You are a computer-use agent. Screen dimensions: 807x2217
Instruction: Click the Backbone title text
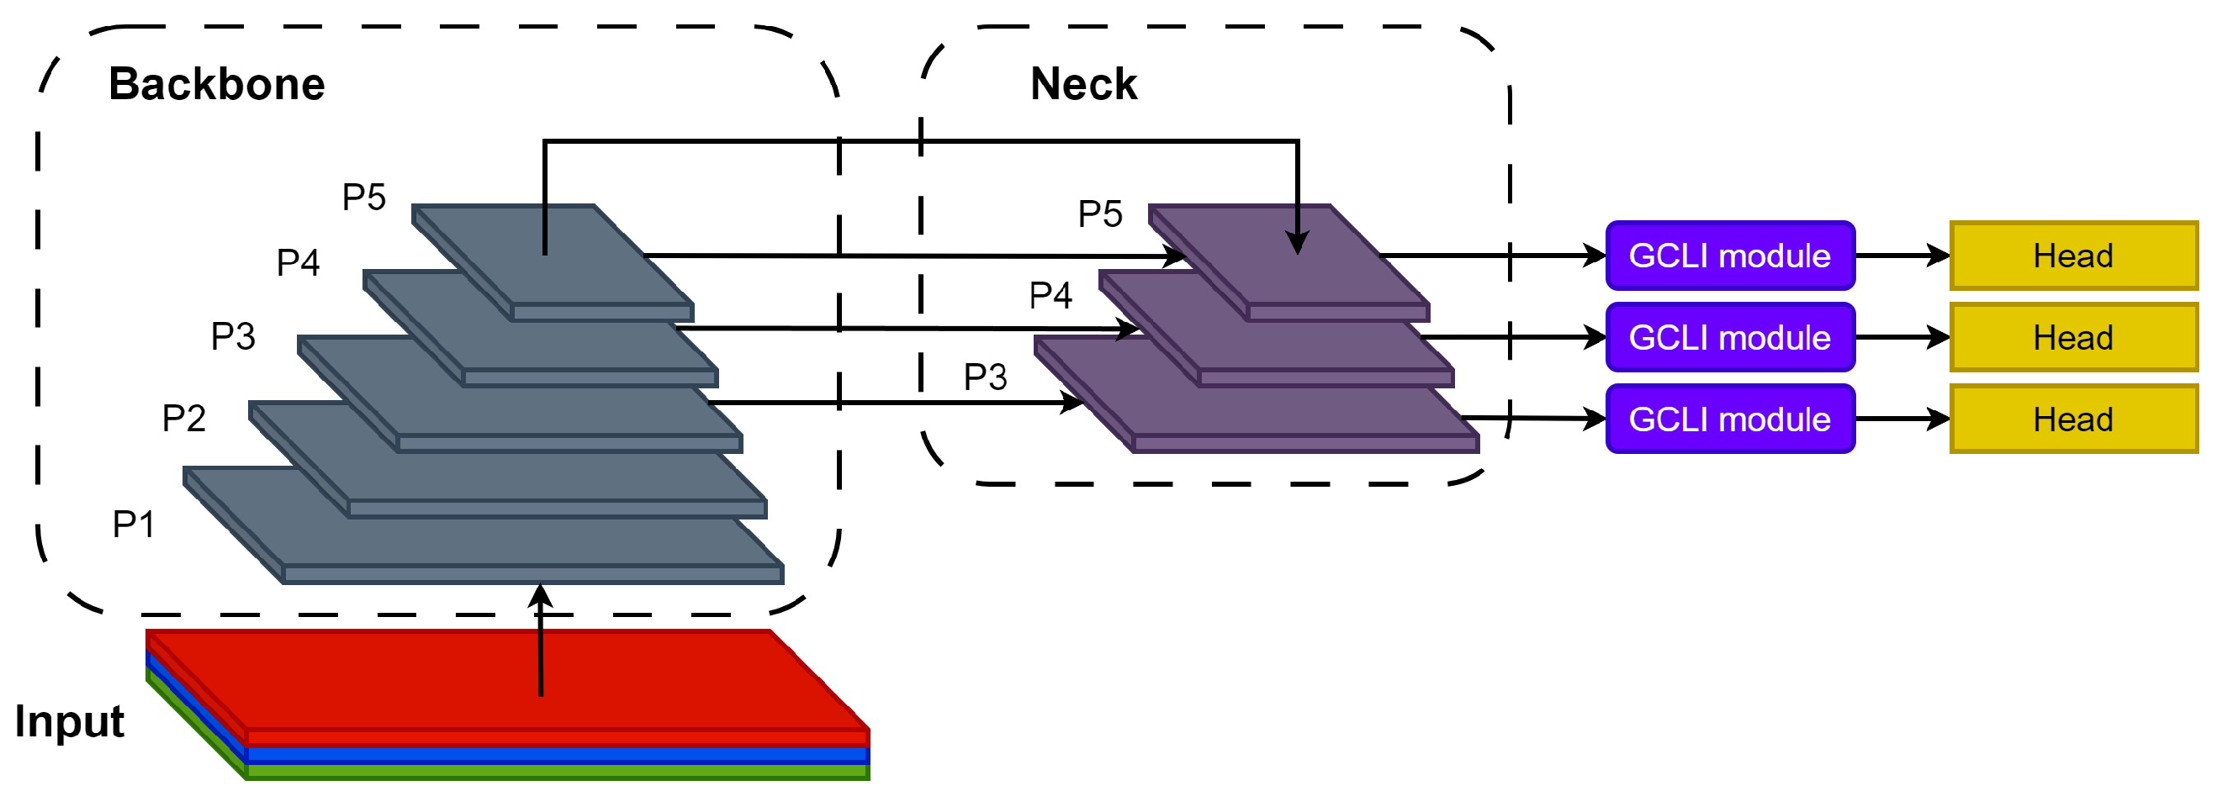pos(217,84)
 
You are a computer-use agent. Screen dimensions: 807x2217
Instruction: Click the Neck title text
pos(1083,84)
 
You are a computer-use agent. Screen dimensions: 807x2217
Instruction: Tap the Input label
pos(70,721)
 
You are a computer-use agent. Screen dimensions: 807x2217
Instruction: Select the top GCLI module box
pos(1730,256)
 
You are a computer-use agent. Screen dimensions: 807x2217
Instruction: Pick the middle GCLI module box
pos(1730,337)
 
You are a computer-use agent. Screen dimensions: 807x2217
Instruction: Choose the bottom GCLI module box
pos(1730,419)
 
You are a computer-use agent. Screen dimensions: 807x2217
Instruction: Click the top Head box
pos(2073,256)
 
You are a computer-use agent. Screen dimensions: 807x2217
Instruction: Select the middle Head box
pos(2073,337)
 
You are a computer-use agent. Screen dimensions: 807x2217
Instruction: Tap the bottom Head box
pos(2073,419)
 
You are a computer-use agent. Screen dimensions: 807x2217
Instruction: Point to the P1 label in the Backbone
pos(135,524)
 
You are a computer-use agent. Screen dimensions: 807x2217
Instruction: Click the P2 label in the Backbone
pos(184,418)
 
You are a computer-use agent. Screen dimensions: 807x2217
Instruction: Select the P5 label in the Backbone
pos(364,197)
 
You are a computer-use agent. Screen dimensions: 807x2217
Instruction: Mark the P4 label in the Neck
pos(1050,295)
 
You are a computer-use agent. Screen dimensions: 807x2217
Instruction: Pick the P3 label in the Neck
pos(986,377)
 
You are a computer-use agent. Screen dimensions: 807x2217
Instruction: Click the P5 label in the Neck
pos(1100,214)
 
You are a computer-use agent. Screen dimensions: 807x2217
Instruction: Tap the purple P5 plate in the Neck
pos(1291,266)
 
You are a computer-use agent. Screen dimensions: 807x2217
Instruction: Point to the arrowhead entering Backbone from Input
pos(541,595)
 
